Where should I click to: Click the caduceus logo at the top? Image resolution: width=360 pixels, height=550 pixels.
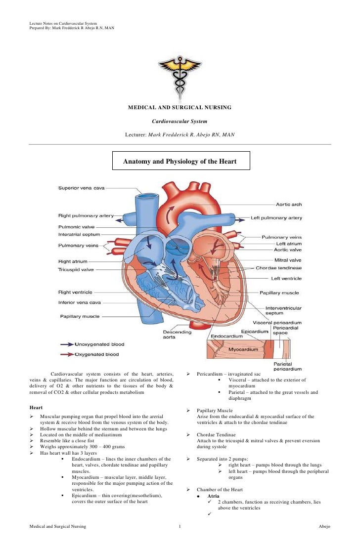point(179,76)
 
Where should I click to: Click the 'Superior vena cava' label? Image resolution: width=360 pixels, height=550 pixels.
point(81,188)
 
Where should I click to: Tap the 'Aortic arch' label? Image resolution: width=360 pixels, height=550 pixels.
point(288,204)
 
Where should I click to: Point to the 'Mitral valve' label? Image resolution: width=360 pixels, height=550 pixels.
point(288,260)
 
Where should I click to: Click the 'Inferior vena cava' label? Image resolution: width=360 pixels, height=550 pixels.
point(80,302)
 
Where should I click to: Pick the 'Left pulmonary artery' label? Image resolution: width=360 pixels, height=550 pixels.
point(276,217)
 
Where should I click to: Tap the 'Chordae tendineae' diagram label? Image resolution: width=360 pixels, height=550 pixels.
point(278,268)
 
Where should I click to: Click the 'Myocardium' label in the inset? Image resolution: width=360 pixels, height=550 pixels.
point(243,349)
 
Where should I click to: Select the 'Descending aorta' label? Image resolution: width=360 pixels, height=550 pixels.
point(178,335)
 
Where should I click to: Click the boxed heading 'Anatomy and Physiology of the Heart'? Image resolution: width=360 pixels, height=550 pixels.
point(180,162)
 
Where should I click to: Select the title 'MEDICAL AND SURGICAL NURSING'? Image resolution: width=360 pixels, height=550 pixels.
point(180,107)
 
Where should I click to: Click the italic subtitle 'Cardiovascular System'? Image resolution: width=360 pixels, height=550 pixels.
point(180,121)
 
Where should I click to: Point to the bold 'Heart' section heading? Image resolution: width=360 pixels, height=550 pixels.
point(36,407)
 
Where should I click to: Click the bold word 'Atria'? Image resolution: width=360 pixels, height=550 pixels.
point(214,496)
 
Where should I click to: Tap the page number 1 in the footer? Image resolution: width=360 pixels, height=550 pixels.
point(180,527)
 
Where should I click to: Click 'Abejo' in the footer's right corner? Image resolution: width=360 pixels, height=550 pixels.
point(323,527)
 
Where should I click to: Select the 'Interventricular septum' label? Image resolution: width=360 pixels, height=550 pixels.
point(283,310)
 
